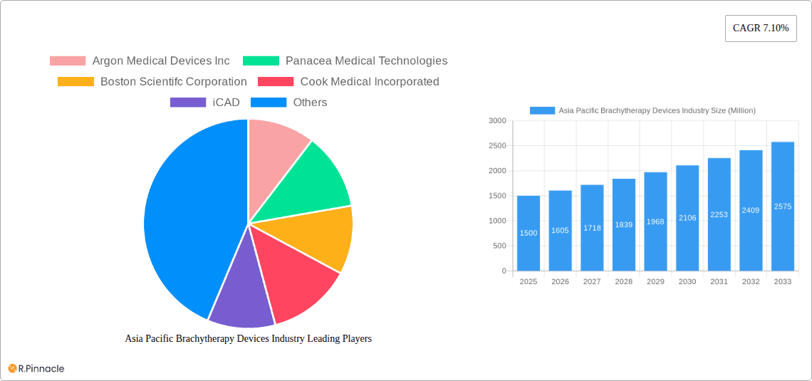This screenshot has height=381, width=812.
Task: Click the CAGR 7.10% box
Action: tap(761, 28)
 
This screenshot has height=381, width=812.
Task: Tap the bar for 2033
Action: tap(782, 207)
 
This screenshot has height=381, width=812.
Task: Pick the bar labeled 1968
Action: tap(655, 221)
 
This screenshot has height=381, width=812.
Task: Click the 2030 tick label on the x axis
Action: tap(687, 282)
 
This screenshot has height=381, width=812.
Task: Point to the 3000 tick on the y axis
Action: tap(497, 121)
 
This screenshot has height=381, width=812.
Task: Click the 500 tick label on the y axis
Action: tap(499, 246)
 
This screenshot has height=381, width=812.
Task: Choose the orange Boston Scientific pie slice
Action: tap(321, 235)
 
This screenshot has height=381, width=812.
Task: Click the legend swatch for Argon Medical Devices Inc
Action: tap(68, 61)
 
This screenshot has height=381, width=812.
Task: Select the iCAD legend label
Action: tap(227, 103)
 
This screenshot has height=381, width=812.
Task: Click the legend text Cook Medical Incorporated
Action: tap(370, 82)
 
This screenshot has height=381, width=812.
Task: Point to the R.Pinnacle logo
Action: tap(36, 368)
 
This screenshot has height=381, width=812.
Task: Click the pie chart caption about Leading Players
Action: tap(249, 339)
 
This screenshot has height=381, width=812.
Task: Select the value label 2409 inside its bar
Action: tap(751, 210)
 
